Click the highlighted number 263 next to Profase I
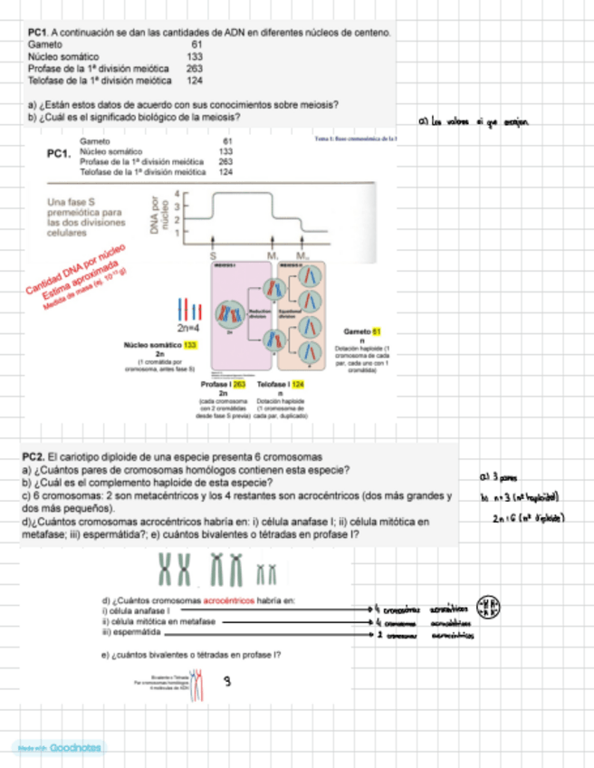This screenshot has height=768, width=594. (x=239, y=384)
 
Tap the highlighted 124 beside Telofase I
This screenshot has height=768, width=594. (x=299, y=384)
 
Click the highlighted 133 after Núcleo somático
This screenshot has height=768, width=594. (x=190, y=345)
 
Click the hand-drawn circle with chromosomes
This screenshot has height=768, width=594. (x=489, y=607)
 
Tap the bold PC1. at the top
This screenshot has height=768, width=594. (x=38, y=33)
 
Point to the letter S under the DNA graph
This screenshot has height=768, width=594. (x=213, y=256)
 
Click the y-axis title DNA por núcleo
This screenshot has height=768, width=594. (x=161, y=217)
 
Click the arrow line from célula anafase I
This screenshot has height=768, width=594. (x=290, y=611)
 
